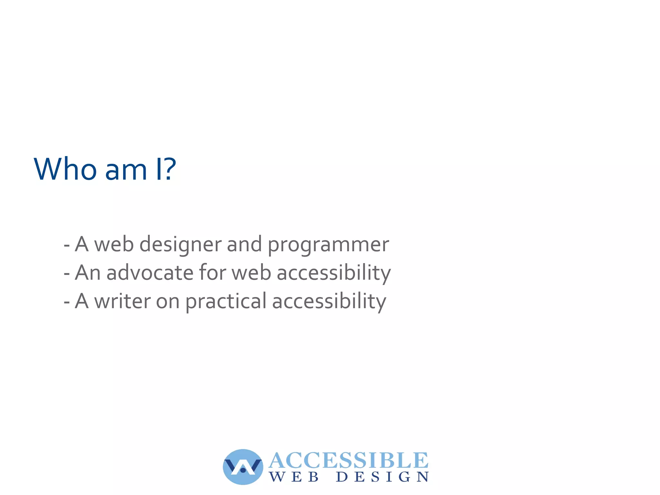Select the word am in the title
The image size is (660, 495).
pos(126,171)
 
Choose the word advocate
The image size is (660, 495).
pos(150,273)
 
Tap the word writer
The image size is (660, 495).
pos(122,302)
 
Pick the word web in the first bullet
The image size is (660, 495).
pos(114,244)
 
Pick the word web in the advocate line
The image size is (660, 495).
pos(251,273)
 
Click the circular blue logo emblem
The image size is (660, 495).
pos(243,467)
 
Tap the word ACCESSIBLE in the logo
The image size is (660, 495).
pos(348,460)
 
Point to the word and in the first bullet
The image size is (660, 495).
pos(244,244)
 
